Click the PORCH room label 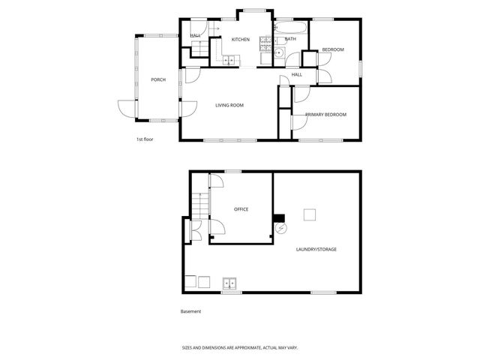[x=157, y=79]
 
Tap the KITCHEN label [x=240, y=40]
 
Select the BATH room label [x=290, y=39]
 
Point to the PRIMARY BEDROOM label [x=325, y=115]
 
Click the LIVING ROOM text [x=229, y=105]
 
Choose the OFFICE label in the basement [x=241, y=209]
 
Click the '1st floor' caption [x=145, y=139]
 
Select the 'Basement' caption [x=190, y=311]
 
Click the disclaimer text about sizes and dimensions [x=240, y=347]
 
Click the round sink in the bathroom [x=277, y=52]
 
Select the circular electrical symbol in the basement [x=280, y=227]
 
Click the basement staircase [x=199, y=203]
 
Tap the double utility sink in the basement [x=229, y=283]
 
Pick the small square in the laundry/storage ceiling [x=309, y=215]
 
